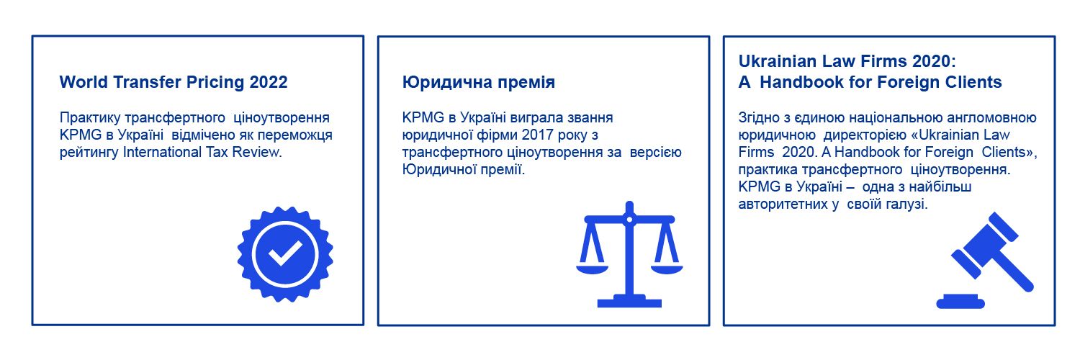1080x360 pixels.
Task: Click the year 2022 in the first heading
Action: pos(269,82)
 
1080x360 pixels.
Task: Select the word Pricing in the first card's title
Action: pos(215,83)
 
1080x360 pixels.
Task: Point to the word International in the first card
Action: pos(162,153)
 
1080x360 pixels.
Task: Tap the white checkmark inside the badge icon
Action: pos(285,253)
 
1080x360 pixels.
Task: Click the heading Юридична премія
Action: pos(479,82)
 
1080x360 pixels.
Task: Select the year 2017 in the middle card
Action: pos(538,135)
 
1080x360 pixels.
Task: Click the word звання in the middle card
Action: pos(590,117)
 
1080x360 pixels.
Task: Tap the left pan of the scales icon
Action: pos(592,269)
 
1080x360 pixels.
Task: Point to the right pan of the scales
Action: pos(667,269)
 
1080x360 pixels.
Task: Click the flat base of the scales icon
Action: pos(629,302)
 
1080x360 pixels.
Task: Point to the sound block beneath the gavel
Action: pos(960,302)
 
